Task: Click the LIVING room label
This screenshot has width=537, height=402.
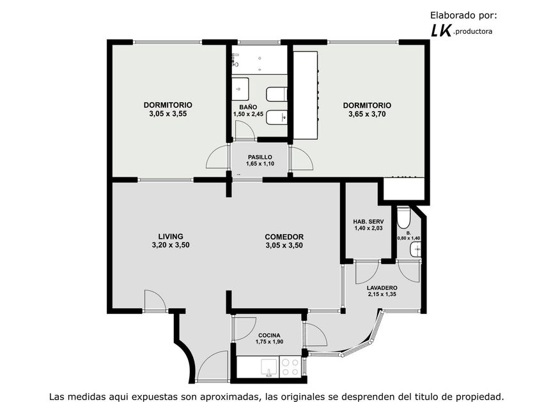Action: tap(171, 236)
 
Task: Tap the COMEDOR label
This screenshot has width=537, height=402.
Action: tap(284, 237)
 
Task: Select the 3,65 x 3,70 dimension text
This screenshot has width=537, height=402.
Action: tap(367, 114)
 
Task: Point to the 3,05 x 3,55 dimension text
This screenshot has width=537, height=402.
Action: tap(167, 114)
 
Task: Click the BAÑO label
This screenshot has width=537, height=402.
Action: tap(248, 107)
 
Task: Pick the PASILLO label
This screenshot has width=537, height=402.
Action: tap(260, 157)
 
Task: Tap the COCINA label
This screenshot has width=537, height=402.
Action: tap(269, 336)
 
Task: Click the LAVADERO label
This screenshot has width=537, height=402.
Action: tap(382, 288)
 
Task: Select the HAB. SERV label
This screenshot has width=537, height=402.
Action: tap(368, 221)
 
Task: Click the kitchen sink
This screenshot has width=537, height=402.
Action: tap(269, 367)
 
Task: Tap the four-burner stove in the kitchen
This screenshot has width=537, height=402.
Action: tap(290, 367)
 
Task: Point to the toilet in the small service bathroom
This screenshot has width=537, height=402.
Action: tap(403, 218)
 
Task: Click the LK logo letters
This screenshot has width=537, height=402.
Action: tap(440, 31)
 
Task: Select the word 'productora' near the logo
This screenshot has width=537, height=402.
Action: tap(474, 32)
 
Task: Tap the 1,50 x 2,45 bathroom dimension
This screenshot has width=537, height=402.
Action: tap(248, 114)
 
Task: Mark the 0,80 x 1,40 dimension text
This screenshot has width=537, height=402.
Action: tap(409, 238)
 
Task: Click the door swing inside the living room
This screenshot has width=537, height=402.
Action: tap(155, 301)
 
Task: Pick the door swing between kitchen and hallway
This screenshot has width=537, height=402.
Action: tap(244, 329)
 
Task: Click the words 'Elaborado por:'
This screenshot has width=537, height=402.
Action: tap(463, 15)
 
